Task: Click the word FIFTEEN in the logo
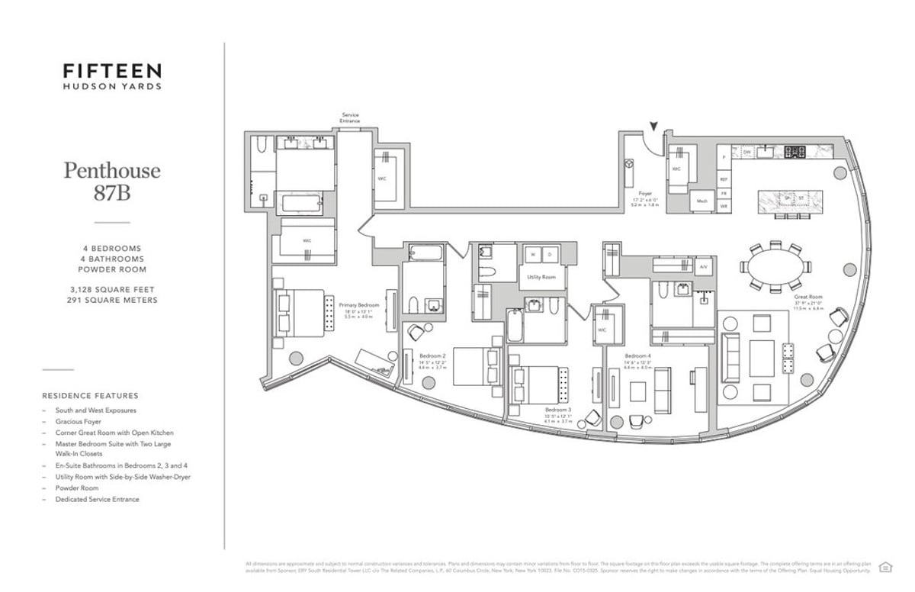pyautogui.click(x=112, y=71)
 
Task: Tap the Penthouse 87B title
pyautogui.click(x=112, y=181)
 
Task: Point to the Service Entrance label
pyautogui.click(x=350, y=118)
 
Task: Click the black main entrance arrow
pyautogui.click(x=653, y=127)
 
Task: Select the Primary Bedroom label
pyautogui.click(x=358, y=305)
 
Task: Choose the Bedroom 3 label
pyautogui.click(x=537, y=410)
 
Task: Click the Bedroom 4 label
pyautogui.click(x=637, y=356)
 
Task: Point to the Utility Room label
pyautogui.click(x=541, y=277)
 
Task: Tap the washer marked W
pyautogui.click(x=532, y=254)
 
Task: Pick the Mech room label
pyautogui.click(x=701, y=201)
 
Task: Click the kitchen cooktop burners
pyautogui.click(x=795, y=151)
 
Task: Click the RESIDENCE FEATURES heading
pyautogui.click(x=90, y=396)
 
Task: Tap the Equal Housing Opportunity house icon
pyautogui.click(x=885, y=566)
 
